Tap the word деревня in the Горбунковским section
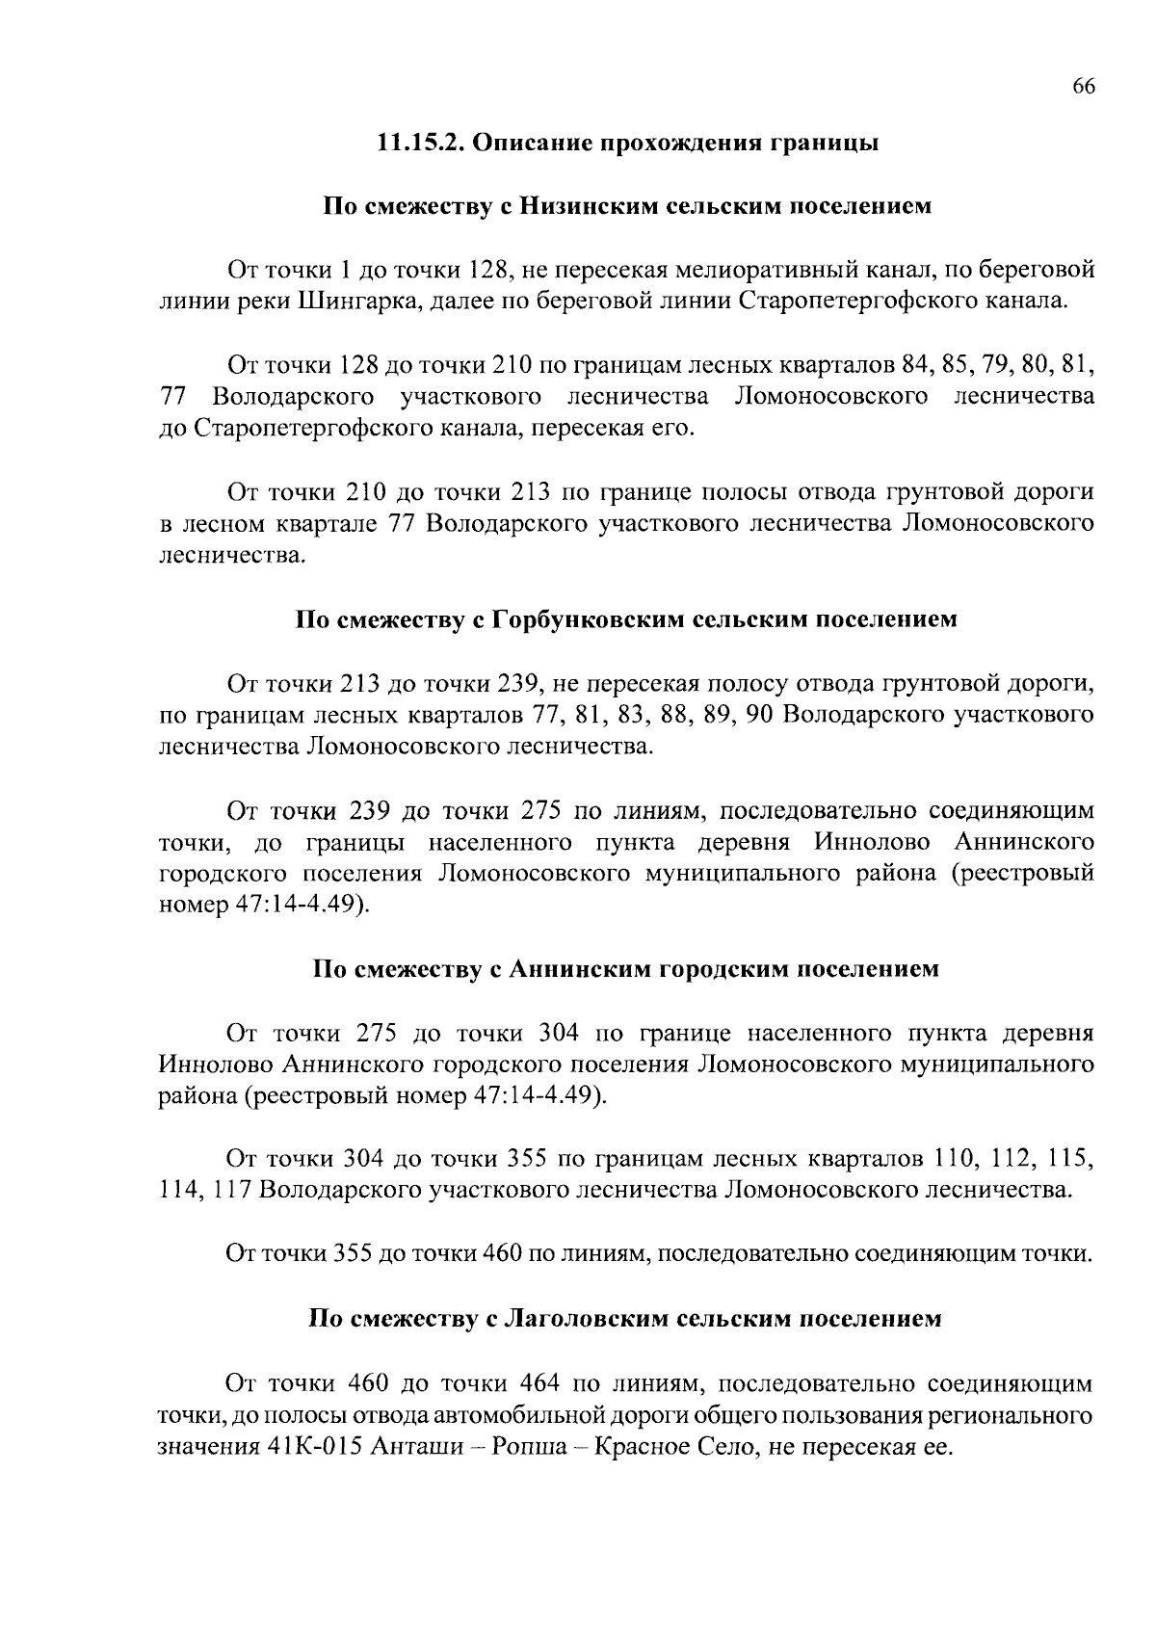[749, 842]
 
